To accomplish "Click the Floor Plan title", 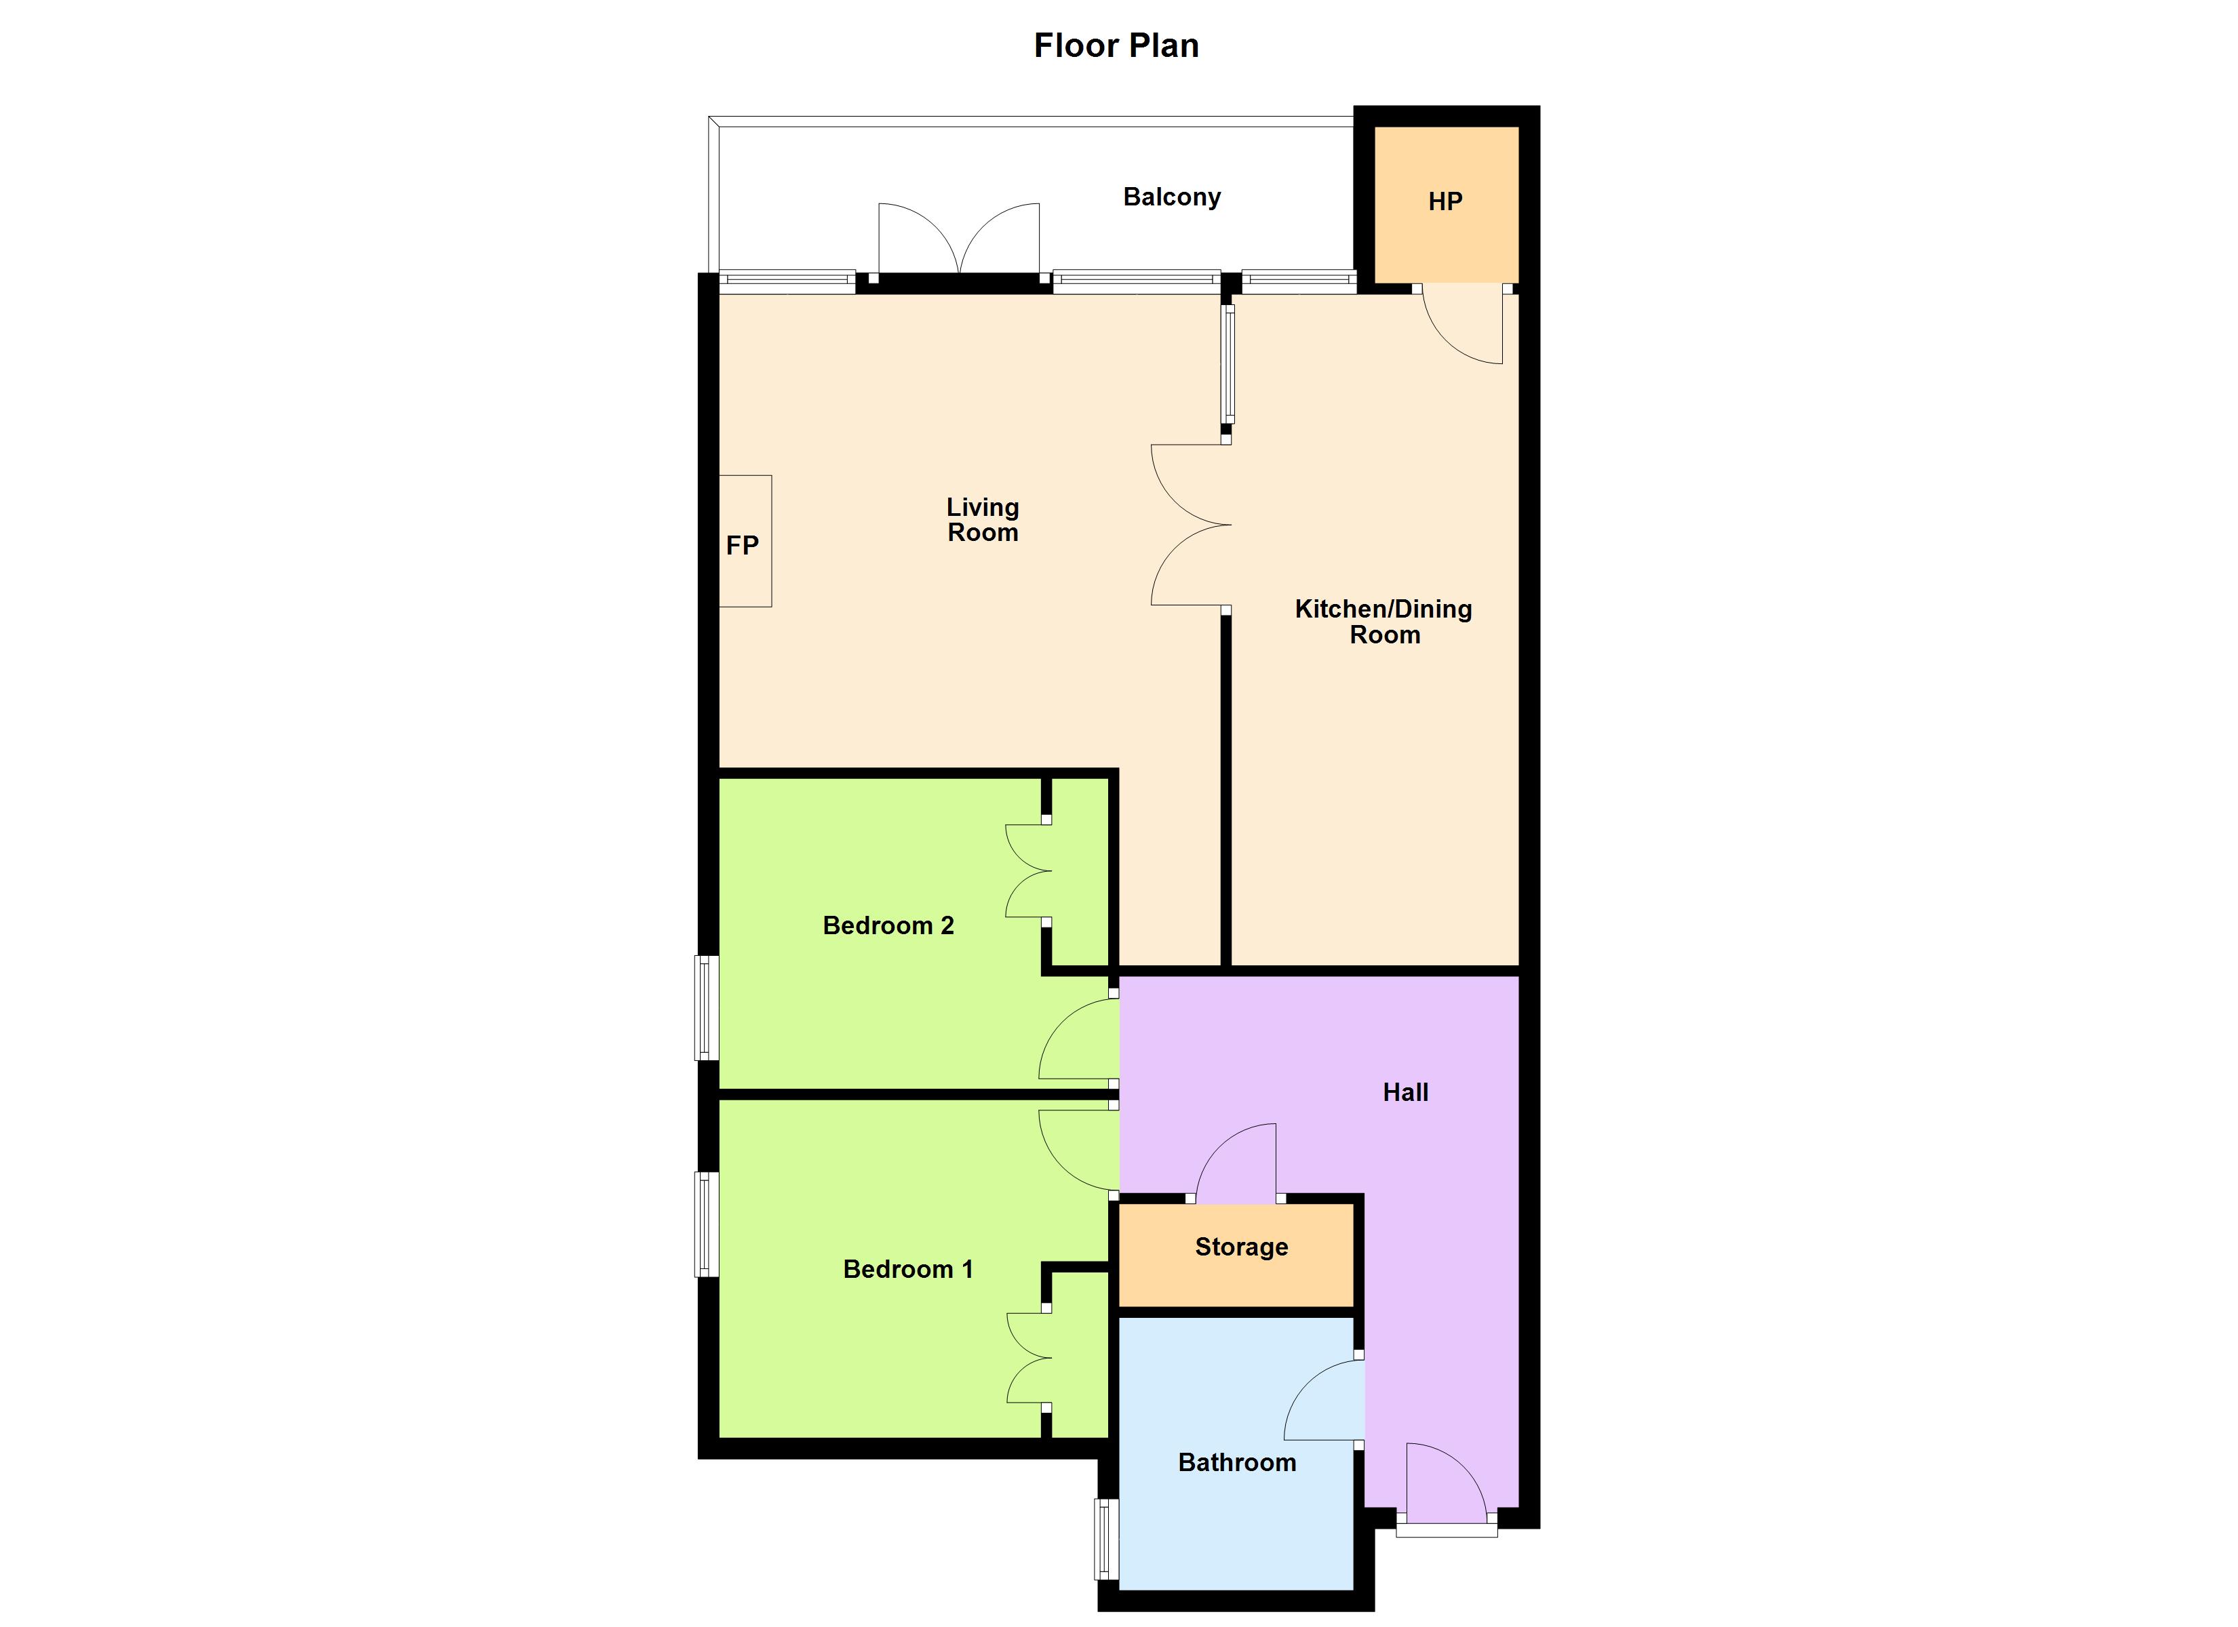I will coord(1116,45).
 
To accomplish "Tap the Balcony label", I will coord(1171,197).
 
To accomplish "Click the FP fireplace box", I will coord(744,542).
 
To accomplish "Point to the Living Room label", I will coord(983,520).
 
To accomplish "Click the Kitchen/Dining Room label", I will coord(1383,622).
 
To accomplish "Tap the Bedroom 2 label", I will coord(888,925).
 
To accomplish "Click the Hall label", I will coord(1405,1092).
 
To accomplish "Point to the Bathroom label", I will coord(1236,1462).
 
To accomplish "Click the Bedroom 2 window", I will coord(707,1007).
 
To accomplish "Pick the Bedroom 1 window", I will coord(707,1224).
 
